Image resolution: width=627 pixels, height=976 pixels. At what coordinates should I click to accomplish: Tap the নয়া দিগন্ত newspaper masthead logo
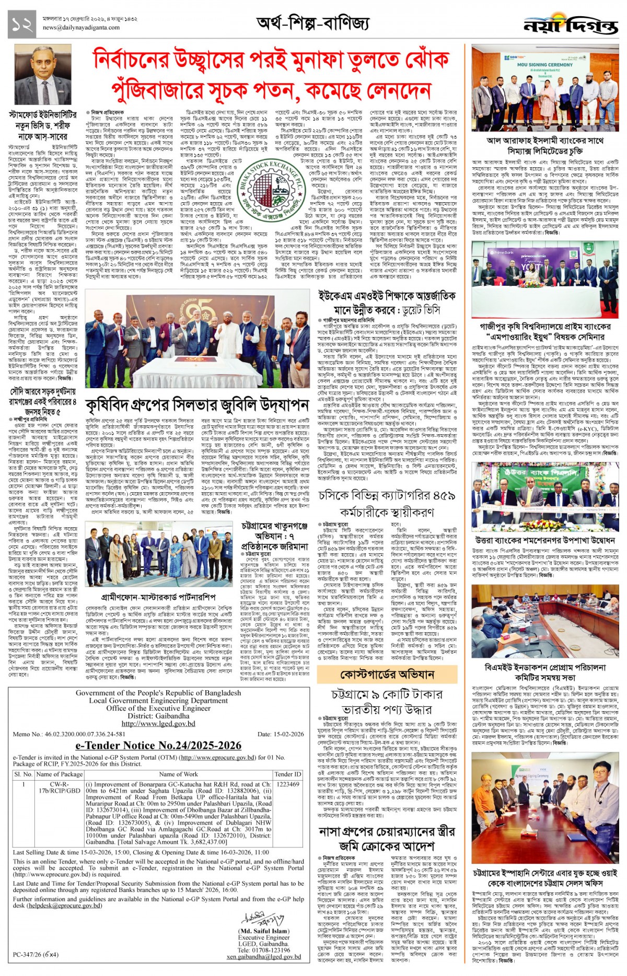tap(571, 25)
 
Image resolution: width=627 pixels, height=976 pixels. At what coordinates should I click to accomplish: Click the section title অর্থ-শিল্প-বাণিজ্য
tap(312, 23)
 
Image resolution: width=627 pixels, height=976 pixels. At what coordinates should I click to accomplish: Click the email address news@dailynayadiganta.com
tap(81, 28)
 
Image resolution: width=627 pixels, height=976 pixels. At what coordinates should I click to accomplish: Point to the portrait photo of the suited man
tap(43, 76)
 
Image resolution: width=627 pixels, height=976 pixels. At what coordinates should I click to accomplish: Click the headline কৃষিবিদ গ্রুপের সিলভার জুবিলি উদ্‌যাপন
tap(198, 405)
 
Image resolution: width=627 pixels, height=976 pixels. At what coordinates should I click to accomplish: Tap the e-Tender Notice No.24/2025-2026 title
tap(158, 745)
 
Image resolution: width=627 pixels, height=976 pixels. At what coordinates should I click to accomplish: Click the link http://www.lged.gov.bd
tap(158, 724)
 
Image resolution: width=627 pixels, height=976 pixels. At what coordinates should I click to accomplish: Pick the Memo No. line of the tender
tap(69, 734)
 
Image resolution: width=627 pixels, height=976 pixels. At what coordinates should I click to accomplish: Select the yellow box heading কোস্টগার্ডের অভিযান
tap(387, 675)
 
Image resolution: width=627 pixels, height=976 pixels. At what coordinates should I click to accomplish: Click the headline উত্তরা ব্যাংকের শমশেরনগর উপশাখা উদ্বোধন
tap(545, 540)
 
